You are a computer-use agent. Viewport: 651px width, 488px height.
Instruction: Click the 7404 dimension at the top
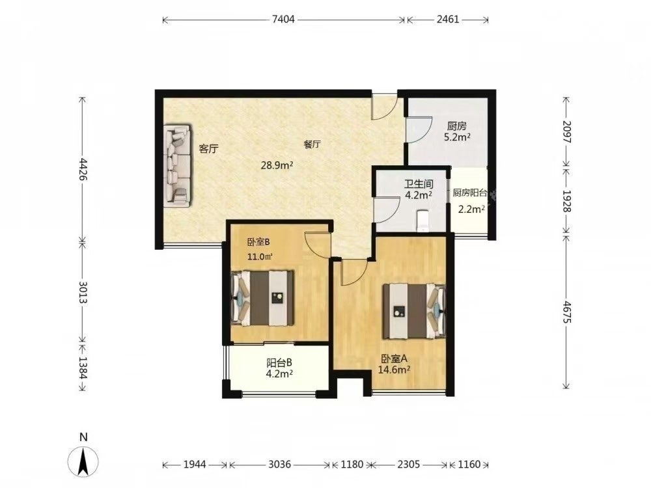tap(283, 20)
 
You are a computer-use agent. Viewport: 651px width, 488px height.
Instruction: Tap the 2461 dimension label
tap(448, 20)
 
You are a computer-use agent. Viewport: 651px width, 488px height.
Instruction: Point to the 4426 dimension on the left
tap(83, 169)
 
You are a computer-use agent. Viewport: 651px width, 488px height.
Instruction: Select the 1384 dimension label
tap(83, 368)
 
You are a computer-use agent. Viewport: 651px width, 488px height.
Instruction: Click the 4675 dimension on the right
tap(567, 314)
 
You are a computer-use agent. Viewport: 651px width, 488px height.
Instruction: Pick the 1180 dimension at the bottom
tap(352, 465)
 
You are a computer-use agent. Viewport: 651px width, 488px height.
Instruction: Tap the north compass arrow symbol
tap(83, 461)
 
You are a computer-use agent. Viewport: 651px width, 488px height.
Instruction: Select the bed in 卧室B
tap(262, 297)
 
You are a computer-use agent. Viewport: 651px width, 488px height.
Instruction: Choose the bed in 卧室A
tap(414, 311)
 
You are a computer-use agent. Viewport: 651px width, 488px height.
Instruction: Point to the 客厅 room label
tap(209, 148)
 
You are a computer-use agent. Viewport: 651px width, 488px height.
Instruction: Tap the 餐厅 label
tap(312, 144)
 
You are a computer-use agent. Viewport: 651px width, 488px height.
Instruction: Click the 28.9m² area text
tap(277, 165)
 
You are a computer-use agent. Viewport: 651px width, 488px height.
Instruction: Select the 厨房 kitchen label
tap(457, 126)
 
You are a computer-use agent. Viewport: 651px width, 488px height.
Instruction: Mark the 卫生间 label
tap(419, 183)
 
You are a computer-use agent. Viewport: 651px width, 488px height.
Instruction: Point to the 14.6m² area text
tap(394, 370)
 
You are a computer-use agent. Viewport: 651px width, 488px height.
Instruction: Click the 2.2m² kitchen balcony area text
tap(471, 209)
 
